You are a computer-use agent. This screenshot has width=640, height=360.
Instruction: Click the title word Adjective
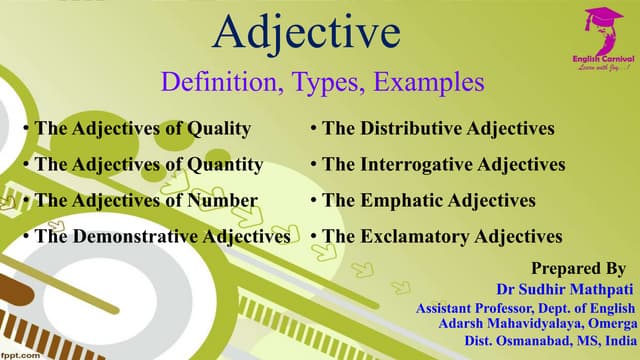pyautogui.click(x=307, y=33)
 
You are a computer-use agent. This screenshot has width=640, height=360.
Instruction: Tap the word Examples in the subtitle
pyautogui.click(x=432, y=82)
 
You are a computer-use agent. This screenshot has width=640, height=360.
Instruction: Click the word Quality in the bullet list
pyautogui.click(x=217, y=128)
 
